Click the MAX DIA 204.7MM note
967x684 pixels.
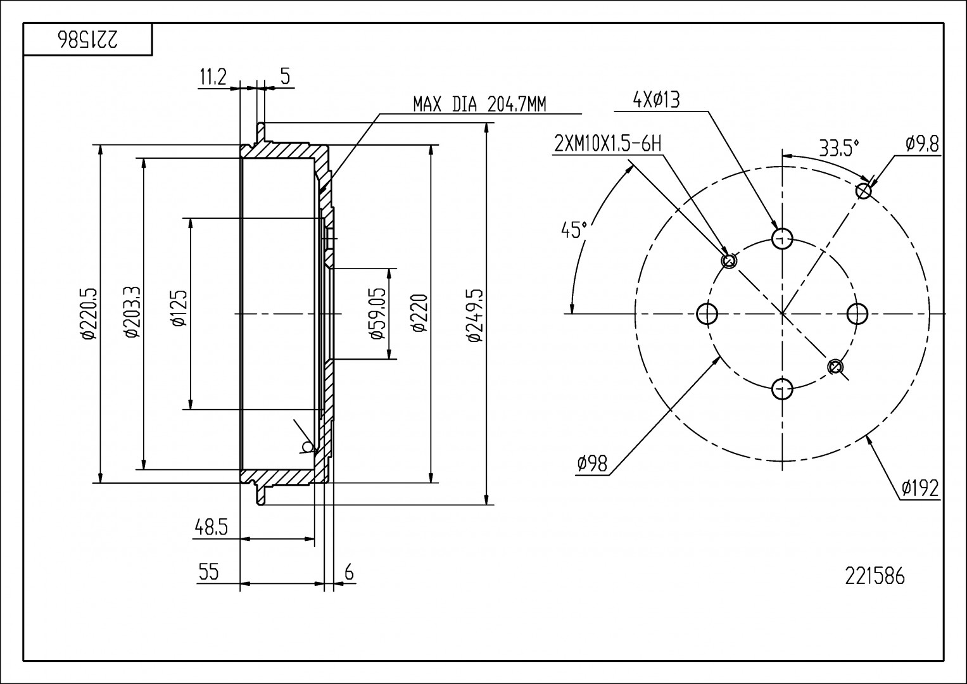click(x=479, y=104)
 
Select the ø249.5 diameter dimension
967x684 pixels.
click(x=476, y=315)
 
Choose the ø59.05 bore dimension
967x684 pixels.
click(x=377, y=313)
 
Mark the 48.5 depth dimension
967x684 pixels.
click(x=211, y=527)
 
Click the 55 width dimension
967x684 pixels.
click(x=209, y=571)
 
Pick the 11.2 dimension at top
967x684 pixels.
click(x=213, y=77)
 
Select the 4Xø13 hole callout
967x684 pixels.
click(x=655, y=100)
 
